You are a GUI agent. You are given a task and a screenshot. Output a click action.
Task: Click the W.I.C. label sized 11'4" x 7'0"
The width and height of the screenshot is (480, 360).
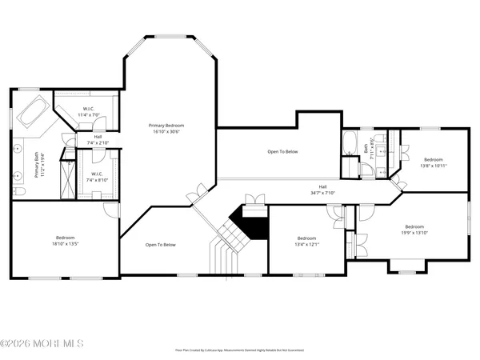pos(90,112)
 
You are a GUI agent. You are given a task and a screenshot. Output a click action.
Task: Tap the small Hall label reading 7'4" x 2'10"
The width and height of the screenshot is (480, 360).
pos(97,140)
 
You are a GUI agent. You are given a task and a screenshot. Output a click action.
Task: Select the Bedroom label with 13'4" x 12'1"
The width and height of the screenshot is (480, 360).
pos(307,241)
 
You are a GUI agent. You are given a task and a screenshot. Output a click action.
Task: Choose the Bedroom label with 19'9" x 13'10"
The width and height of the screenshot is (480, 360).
pos(415,230)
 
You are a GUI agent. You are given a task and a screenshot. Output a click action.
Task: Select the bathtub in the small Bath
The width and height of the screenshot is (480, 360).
pos(350,145)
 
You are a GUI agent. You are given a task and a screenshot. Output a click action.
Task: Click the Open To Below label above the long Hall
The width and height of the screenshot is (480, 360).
pos(282,151)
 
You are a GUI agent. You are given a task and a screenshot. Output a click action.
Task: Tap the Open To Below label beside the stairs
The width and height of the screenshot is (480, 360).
pos(160,245)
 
